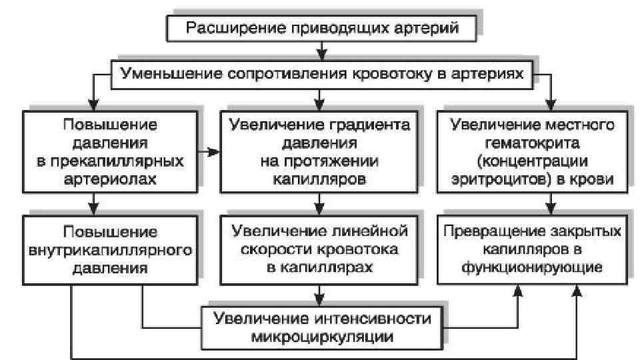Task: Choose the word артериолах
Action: coord(111,179)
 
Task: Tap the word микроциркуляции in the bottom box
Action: coord(321,335)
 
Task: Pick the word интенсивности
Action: coord(367,317)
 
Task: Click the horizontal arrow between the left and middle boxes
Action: coord(210,152)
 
